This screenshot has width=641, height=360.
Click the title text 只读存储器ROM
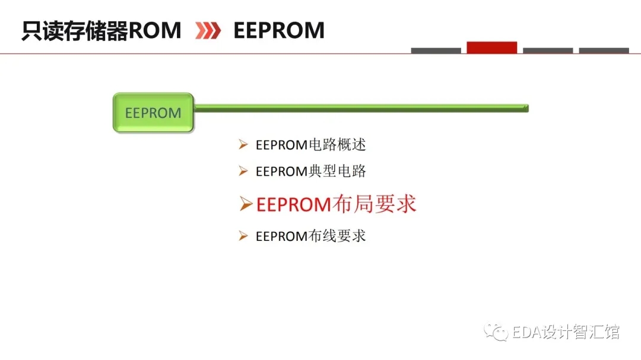point(101,30)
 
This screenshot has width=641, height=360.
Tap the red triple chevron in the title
point(208,31)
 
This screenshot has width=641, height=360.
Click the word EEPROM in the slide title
point(279,30)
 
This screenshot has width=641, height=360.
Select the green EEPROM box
point(153,112)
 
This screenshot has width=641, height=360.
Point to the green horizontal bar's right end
point(528,109)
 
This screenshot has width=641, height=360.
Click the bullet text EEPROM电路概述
point(310,145)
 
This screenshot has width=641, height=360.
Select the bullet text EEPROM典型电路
point(310,171)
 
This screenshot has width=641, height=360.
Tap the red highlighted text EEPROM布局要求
point(336,204)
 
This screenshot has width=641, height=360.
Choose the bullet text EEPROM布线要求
point(310,236)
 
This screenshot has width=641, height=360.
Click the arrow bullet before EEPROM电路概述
point(243,144)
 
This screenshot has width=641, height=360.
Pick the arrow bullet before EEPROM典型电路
point(243,171)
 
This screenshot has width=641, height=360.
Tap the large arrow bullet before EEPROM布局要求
point(246,203)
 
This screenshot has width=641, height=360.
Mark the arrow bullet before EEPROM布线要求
point(243,236)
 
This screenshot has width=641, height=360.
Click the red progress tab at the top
point(492,47)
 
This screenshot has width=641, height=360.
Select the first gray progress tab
point(436,50)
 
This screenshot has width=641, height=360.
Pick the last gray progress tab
point(604,50)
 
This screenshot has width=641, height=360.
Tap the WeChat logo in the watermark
point(496,332)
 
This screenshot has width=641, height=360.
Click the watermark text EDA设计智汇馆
point(566,332)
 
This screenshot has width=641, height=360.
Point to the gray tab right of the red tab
point(548,50)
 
